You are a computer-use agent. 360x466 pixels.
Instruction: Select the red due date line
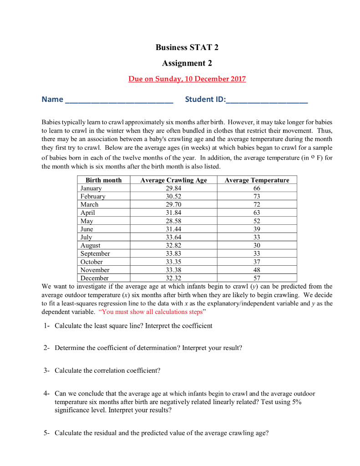pyautogui.click(x=187, y=79)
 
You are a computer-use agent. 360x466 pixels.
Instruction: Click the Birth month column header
pyautogui.click(x=103, y=180)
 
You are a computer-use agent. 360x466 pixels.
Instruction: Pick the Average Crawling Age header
pyautogui.click(x=173, y=180)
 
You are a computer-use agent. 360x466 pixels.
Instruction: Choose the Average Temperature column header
pyautogui.click(x=257, y=180)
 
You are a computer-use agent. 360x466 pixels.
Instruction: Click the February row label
pyautogui.click(x=93, y=197)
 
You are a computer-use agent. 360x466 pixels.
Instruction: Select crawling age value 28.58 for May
pyautogui.click(x=173, y=221)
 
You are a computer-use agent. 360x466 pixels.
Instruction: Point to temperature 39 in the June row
pyautogui.click(x=257, y=229)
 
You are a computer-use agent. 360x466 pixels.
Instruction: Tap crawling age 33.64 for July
pyautogui.click(x=173, y=238)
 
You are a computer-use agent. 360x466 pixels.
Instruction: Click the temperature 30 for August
pyautogui.click(x=257, y=246)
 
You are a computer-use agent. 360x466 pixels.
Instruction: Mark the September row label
pyautogui.click(x=95, y=254)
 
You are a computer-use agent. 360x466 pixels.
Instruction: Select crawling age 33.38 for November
pyautogui.click(x=173, y=270)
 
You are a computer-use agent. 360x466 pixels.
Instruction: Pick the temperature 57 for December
pyautogui.click(x=257, y=279)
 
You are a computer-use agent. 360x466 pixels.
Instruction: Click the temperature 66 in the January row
pyautogui.click(x=257, y=188)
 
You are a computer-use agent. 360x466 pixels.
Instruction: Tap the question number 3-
pyautogui.click(x=47, y=370)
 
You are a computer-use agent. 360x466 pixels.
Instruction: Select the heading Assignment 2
pyautogui.click(x=187, y=63)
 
